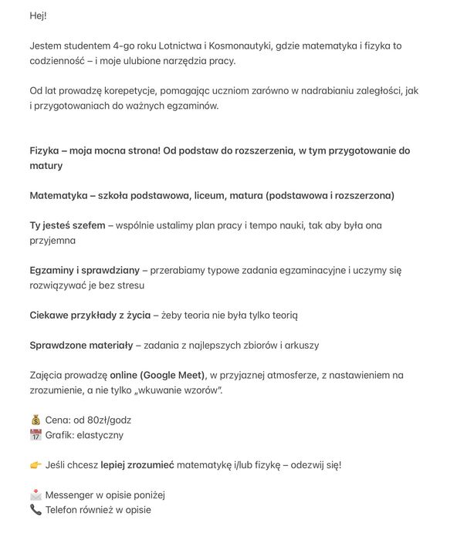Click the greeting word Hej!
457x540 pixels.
tap(39, 15)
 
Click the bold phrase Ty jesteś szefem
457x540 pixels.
tap(67, 226)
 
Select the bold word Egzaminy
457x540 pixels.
tap(52, 271)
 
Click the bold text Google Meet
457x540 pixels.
tap(173, 376)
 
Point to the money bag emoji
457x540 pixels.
tap(36, 420)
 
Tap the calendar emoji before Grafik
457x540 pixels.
tap(36, 435)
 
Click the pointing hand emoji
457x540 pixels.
tap(36, 465)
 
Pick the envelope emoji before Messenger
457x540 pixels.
tap(36, 495)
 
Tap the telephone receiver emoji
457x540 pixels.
tap(36, 510)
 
